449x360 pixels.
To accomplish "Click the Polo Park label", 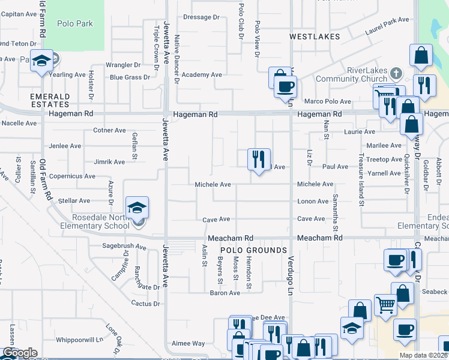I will [75, 24].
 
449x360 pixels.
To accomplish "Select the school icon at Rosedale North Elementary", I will [137, 208].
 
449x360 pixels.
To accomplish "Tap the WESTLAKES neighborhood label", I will [315, 37].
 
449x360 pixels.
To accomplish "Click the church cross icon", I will [395, 73].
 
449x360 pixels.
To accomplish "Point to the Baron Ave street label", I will [225, 293].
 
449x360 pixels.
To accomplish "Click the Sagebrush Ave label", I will [124, 247].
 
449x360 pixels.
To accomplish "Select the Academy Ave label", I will [202, 74].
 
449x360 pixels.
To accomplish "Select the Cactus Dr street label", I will [148, 304].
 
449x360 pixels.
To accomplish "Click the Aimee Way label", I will [189, 343].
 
